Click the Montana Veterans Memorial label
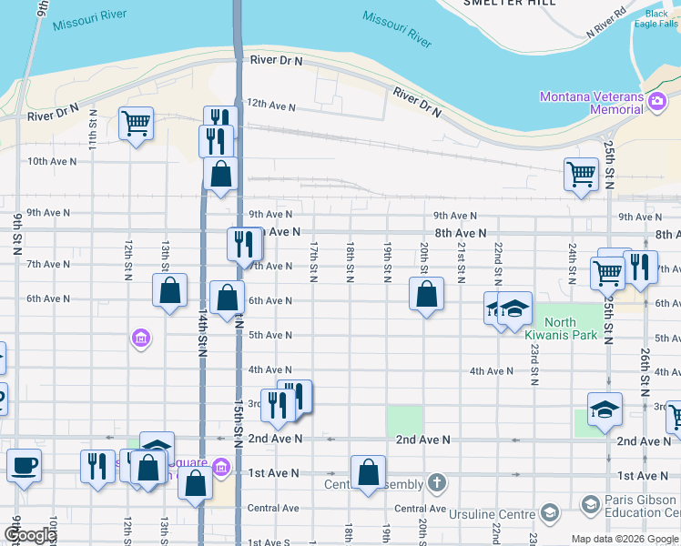click(x=591, y=103)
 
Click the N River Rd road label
click(x=607, y=24)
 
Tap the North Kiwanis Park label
click(x=572, y=329)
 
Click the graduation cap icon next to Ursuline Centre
click(x=549, y=514)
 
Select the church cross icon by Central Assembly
click(x=437, y=481)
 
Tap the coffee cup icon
click(x=25, y=465)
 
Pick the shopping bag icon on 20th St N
click(x=426, y=294)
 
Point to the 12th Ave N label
click(x=271, y=106)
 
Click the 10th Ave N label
click(x=51, y=161)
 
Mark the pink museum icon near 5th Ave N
click(x=140, y=339)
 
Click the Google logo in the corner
click(x=29, y=535)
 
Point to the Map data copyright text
click(x=625, y=539)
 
